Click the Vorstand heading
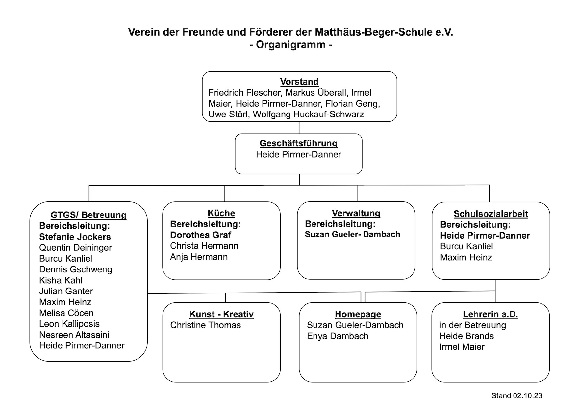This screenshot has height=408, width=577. pos(299,82)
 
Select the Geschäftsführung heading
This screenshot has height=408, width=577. pos(299,143)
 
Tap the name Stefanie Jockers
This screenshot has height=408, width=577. pos(75,237)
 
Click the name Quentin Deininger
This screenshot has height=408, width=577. pos(75,248)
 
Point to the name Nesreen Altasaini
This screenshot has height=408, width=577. pos(74,335)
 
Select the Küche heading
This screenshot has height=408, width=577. pos(221,213)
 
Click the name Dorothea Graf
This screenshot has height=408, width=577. pos(201,235)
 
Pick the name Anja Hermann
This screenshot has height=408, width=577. pos(199,257)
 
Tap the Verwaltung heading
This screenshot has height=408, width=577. pos(356,213)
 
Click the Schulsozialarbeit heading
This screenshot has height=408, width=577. pos(490,214)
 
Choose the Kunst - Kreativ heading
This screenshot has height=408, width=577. pos(221,314)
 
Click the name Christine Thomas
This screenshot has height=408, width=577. pos(206,325)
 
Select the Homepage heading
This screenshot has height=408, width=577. pos(358,314)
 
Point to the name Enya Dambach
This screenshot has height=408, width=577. pos(338,336)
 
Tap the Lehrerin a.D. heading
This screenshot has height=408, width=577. pos(490,314)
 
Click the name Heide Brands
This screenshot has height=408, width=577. pos(466,336)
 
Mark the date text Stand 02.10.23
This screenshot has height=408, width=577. pos(517,395)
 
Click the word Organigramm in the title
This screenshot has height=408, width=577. pos(291,45)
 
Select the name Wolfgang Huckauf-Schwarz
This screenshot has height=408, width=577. pos(308,114)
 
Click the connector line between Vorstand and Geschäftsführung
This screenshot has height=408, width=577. pos(299,128)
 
